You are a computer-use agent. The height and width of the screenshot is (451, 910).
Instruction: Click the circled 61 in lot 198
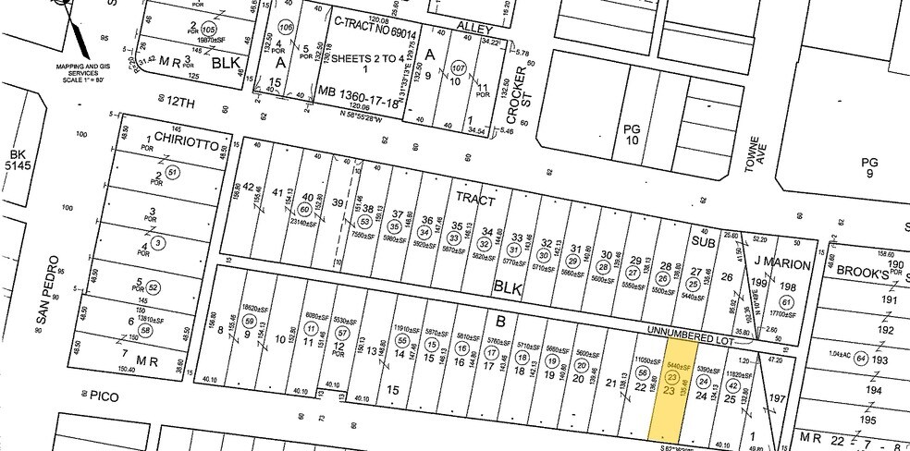tap(787, 301)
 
